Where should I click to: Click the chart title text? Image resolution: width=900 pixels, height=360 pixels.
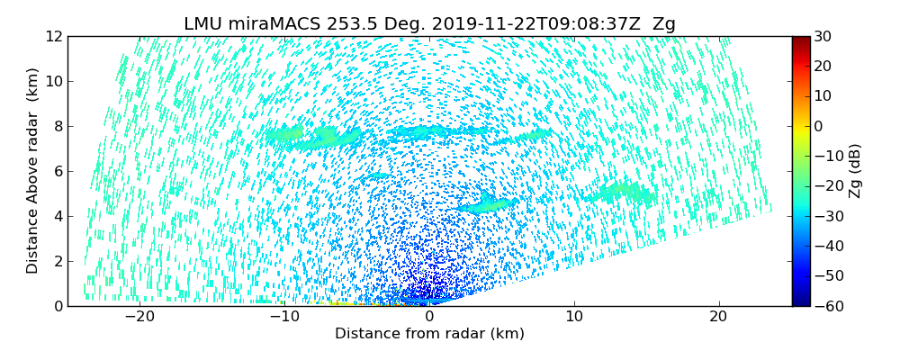pos(429,24)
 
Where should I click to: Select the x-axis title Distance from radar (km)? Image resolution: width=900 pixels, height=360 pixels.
pos(429,334)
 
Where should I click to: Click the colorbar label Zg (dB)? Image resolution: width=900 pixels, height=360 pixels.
pos(855,171)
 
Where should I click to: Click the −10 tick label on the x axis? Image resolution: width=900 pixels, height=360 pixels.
pos(283,317)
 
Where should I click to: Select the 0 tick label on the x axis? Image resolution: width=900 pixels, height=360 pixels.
pos(429,317)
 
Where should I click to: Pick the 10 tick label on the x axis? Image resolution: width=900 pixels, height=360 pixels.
pos(574,317)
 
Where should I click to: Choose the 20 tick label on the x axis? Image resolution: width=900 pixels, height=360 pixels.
pos(718,317)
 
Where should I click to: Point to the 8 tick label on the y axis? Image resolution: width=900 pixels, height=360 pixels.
pos(58,126)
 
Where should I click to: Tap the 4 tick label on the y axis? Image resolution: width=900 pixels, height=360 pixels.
pos(58,216)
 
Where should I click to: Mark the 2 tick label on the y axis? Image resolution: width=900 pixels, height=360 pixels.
pos(58,261)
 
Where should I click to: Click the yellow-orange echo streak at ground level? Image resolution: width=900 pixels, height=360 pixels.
pos(342,303)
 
